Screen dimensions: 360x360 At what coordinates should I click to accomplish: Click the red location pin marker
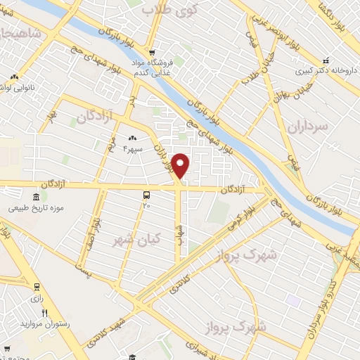pyautogui.click(x=181, y=165)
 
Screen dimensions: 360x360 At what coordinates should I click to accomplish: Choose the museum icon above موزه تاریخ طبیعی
pyautogui.click(x=35, y=198)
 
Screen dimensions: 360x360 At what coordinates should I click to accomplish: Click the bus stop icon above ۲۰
pyautogui.click(x=146, y=195)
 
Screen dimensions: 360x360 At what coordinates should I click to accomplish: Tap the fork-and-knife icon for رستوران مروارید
pyautogui.click(x=44, y=314)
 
